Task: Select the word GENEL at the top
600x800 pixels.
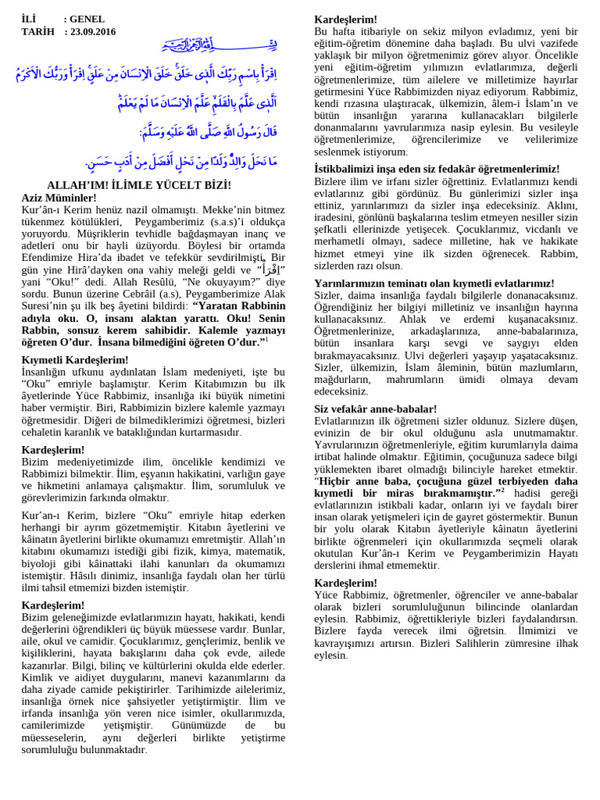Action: point(87,19)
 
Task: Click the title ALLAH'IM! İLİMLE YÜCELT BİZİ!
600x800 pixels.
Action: point(139,185)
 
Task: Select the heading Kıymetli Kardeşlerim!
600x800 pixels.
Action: point(75,359)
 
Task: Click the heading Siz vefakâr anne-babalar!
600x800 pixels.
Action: point(375,409)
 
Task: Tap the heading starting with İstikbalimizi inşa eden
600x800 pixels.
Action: point(437,169)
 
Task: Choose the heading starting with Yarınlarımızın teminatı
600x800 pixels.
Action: point(434,283)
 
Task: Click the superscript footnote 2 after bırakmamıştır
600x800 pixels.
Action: point(503,490)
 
